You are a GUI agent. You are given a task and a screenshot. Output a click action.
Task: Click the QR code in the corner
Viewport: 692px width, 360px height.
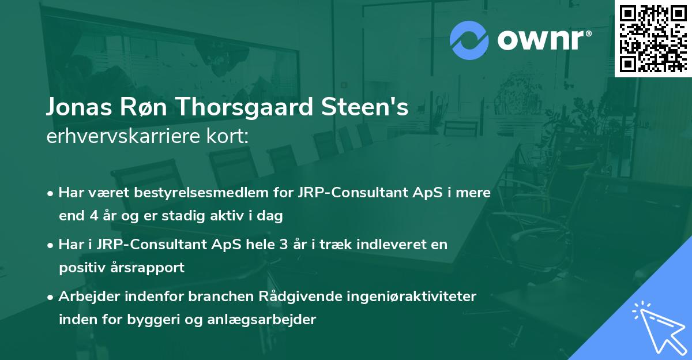[x=653, y=38]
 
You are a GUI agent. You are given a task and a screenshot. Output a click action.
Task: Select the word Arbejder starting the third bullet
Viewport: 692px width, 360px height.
[x=84, y=297]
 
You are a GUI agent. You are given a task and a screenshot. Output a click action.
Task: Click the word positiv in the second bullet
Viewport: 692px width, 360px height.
[x=81, y=268]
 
